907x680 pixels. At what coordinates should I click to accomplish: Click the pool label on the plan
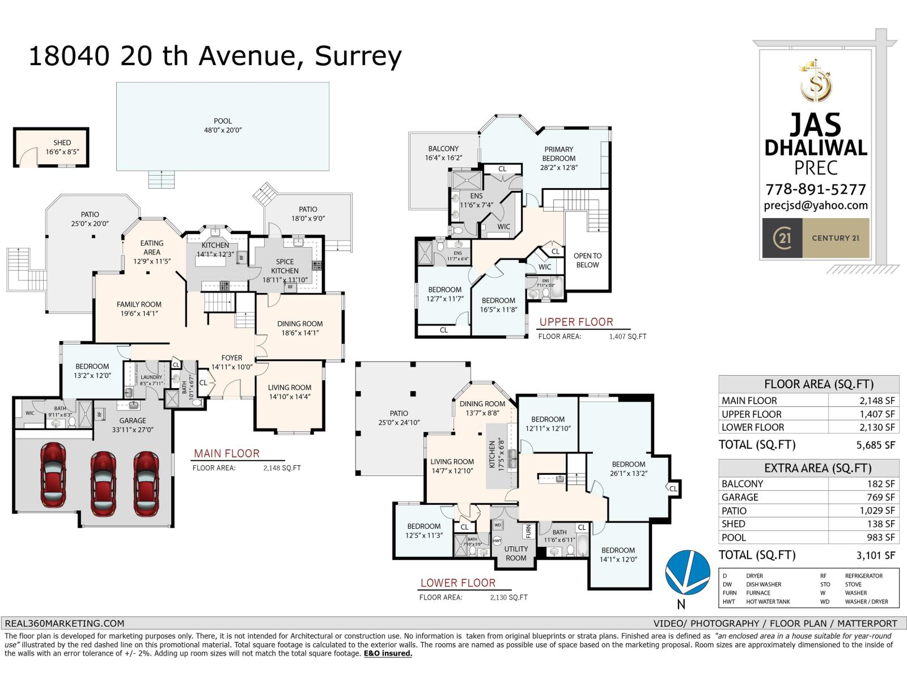(x=223, y=125)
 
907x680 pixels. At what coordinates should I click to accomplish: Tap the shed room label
(x=62, y=147)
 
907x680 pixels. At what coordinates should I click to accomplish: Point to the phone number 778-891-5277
(x=815, y=189)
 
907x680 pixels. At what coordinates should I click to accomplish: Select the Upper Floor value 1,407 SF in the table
(x=877, y=414)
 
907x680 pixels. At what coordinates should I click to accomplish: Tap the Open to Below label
(x=587, y=260)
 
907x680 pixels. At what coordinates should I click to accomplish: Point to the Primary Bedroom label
(x=558, y=158)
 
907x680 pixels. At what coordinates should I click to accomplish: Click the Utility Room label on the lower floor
(x=516, y=553)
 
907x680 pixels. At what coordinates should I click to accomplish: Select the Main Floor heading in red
(x=227, y=453)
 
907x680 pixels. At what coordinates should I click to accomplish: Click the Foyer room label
(x=231, y=362)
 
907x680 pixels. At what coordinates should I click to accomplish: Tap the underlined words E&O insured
(x=388, y=653)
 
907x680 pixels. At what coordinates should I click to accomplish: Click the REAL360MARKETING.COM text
(x=63, y=623)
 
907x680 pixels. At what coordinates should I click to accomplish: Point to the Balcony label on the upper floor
(x=443, y=153)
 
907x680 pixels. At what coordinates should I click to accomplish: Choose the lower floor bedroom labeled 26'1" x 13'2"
(x=628, y=469)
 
